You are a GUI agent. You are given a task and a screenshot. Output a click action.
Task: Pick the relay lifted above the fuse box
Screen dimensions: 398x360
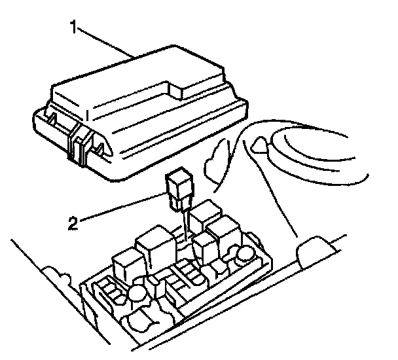179,190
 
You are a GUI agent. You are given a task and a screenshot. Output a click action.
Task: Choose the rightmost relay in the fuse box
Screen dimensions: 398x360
226,236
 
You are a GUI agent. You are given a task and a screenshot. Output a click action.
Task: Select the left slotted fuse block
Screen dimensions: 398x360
108,291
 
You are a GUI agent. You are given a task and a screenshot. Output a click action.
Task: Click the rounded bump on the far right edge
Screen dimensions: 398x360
313,251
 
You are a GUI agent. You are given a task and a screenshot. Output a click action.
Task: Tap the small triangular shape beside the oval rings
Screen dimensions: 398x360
259,145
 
